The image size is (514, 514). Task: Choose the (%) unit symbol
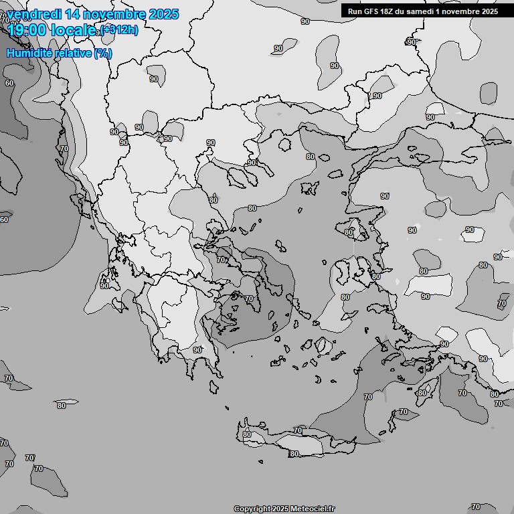[103, 53]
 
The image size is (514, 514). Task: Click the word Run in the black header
[355, 11]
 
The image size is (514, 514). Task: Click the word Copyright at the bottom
[252, 509]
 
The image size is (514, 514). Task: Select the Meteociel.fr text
[313, 509]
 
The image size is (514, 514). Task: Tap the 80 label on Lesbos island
[349, 232]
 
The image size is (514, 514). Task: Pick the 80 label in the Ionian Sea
[62, 406]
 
